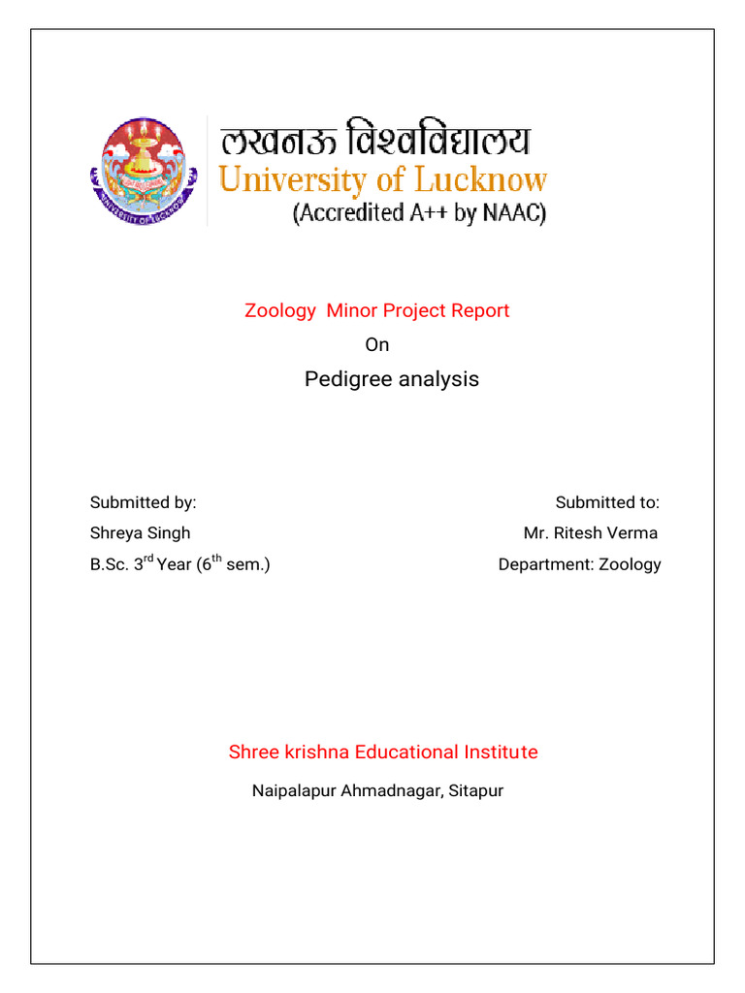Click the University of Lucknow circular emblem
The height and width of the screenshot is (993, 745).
(145, 172)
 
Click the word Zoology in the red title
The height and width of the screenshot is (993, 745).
(280, 310)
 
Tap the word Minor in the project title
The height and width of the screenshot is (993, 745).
(355, 310)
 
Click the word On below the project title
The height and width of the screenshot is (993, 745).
(376, 344)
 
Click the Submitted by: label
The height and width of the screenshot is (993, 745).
(144, 502)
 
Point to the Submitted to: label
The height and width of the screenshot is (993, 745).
(607, 502)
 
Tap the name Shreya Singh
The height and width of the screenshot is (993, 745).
(141, 533)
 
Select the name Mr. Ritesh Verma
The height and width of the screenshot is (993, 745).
(591, 533)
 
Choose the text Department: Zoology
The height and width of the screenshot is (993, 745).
(579, 564)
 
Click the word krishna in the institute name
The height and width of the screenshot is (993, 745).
(312, 752)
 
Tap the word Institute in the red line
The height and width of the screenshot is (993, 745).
(500, 752)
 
